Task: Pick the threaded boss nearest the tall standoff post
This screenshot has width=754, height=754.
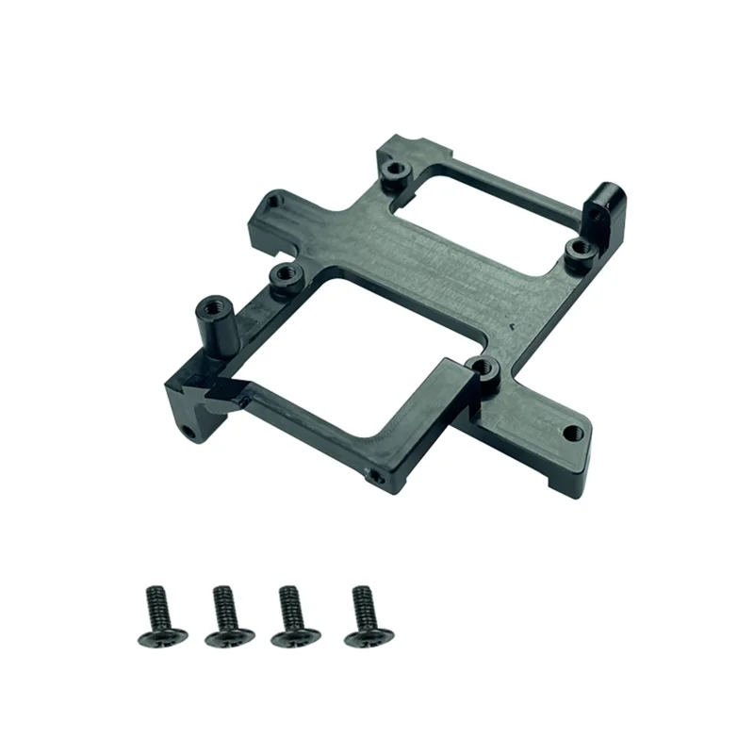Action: point(283,277)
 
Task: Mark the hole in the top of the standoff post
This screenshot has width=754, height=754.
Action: point(205,306)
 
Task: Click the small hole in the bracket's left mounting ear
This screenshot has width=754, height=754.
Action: point(272,200)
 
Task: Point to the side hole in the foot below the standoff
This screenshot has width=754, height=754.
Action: point(190,433)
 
